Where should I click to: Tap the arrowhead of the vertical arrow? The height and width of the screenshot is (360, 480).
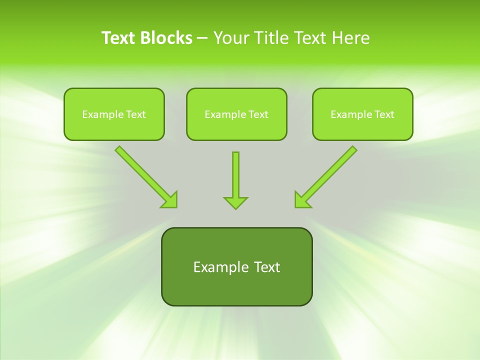pyautogui.click(x=235, y=202)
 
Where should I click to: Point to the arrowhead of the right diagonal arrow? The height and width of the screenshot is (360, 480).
pyautogui.click(x=301, y=200)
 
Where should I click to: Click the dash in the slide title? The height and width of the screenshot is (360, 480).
pyautogui.click(x=202, y=38)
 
